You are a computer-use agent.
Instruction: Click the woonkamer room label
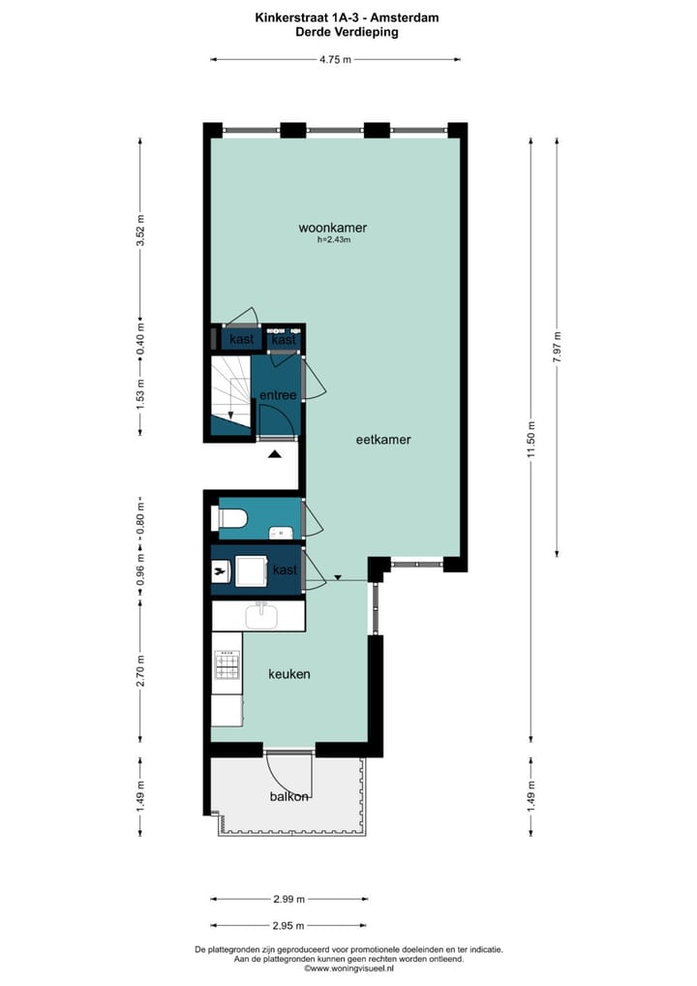[x=332, y=229]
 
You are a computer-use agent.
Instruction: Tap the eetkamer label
[x=382, y=439]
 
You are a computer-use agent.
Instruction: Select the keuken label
[x=288, y=673]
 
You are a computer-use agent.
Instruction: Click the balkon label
[x=288, y=796]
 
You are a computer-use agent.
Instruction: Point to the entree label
[x=277, y=395]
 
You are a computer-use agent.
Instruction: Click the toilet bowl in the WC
[x=231, y=520]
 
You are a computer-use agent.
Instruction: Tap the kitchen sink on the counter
[x=259, y=615]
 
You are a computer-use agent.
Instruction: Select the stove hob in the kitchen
[x=227, y=664]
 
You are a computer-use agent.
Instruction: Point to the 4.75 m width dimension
[x=335, y=60]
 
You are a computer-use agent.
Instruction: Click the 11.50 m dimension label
[x=530, y=431]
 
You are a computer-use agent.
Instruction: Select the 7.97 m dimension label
[x=557, y=346]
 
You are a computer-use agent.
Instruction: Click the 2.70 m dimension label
[x=140, y=673]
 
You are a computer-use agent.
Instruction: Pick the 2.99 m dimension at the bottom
[x=288, y=898]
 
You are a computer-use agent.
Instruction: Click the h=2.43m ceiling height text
[x=333, y=240]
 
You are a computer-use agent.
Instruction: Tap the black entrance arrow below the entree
[x=274, y=453]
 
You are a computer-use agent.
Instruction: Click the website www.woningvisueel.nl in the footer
[x=348, y=968]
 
